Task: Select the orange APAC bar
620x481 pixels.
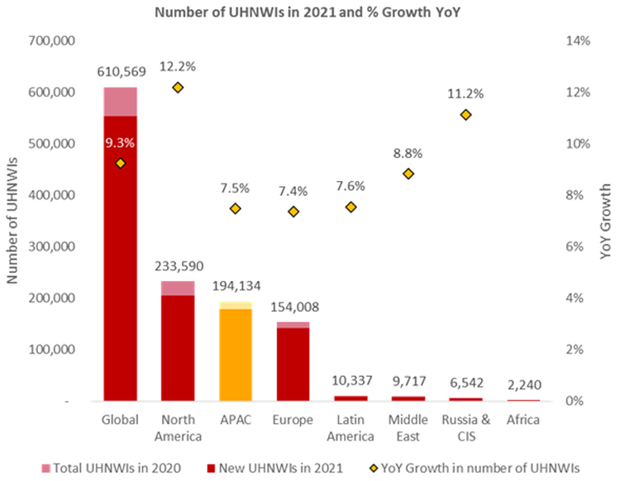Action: point(236,355)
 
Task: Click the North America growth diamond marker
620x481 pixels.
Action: point(178,87)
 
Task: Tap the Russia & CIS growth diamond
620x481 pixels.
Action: point(466,114)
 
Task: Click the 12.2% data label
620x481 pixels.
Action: point(178,66)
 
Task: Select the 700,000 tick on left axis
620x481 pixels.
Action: point(52,40)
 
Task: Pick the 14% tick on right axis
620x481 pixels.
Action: point(576,40)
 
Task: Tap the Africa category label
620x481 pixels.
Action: point(523,420)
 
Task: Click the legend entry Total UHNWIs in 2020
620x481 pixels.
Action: point(114,468)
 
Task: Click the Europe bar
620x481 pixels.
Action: point(293,364)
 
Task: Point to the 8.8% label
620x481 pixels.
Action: point(408,153)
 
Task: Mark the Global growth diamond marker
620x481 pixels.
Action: point(121,163)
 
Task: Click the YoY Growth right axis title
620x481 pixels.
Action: point(606,221)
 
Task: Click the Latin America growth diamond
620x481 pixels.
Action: point(351,207)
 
